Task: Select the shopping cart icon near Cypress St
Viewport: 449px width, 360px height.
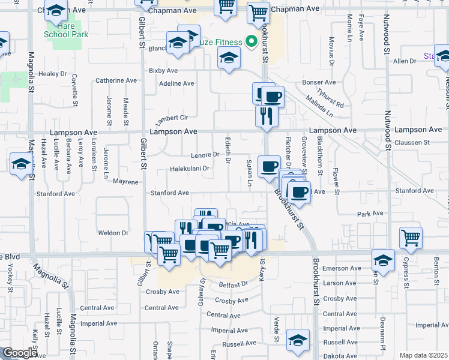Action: click(411, 237)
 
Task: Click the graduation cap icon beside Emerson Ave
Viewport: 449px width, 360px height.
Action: click(383, 260)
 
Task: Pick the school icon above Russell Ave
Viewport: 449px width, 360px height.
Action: click(298, 340)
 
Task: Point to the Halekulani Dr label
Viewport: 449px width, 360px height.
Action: click(190, 169)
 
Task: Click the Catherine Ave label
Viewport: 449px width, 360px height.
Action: click(116, 80)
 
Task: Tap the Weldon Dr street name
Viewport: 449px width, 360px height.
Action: click(113, 233)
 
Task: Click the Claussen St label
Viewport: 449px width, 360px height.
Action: click(414, 142)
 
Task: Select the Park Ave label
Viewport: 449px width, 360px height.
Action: click(370, 213)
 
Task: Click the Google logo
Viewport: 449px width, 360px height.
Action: click(19, 353)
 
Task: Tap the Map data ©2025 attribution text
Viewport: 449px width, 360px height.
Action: click(423, 355)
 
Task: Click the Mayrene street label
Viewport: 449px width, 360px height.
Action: click(125, 181)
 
